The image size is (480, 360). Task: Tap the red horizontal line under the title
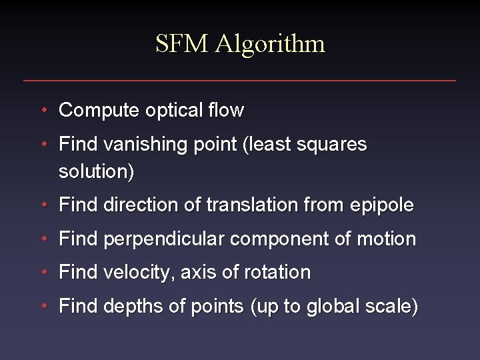[x=240, y=81]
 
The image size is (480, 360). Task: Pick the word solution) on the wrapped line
[x=96, y=172]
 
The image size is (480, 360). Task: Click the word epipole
[x=381, y=206]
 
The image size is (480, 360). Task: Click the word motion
[x=386, y=239]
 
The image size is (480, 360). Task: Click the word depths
[x=131, y=307]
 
